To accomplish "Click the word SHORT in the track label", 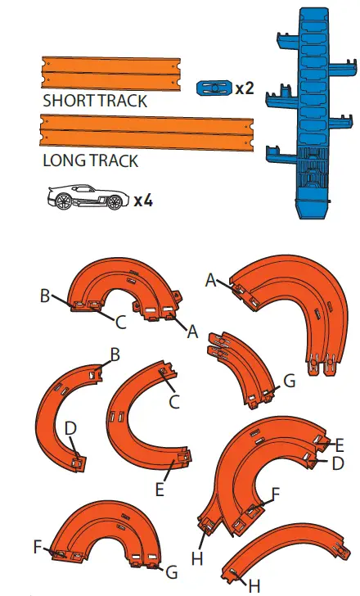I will (68, 102).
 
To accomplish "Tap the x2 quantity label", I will (245, 88).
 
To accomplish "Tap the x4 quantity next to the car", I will (144, 200).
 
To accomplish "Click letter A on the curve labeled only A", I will (210, 280).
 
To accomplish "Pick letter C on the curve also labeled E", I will (173, 401).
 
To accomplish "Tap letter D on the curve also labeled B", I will (70, 428).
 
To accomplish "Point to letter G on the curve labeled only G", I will (287, 382).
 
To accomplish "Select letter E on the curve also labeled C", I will (160, 490).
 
